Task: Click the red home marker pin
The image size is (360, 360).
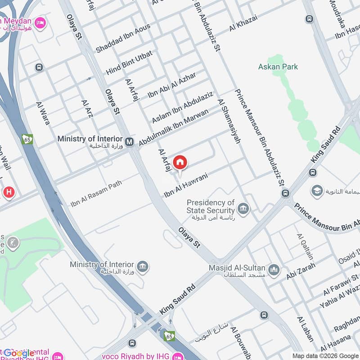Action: click(x=180, y=162)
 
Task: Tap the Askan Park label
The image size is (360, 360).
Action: click(x=278, y=67)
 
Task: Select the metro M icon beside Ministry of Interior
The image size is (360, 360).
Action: click(x=130, y=142)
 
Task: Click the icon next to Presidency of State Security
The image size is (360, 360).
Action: click(x=243, y=209)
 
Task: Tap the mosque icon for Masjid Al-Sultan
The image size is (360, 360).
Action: click(x=274, y=270)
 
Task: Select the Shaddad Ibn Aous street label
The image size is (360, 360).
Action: click(x=123, y=38)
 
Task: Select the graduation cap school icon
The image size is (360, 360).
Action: click(x=317, y=191)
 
